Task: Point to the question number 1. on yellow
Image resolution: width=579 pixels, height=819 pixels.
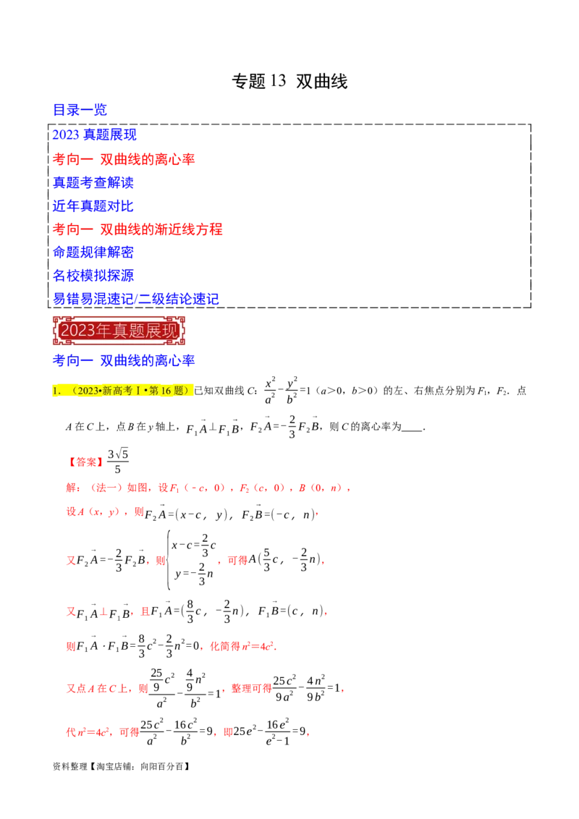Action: click(56, 391)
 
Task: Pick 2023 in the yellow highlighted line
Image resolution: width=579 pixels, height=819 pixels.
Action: click(88, 391)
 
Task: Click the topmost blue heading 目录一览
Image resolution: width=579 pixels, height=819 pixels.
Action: click(80, 110)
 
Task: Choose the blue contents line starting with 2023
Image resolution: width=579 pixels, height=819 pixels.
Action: click(95, 135)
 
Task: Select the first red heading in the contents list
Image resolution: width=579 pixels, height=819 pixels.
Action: click(124, 159)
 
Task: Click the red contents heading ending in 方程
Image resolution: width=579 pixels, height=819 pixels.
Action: click(138, 229)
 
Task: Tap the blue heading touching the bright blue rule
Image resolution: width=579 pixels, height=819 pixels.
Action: click(95, 206)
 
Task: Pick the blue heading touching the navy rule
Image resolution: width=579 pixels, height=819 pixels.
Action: click(95, 276)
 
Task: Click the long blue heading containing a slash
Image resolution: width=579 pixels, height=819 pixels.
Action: click(136, 298)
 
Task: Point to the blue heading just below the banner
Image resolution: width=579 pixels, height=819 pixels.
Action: click(124, 360)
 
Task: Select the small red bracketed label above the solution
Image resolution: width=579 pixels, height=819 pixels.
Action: click(86, 462)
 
